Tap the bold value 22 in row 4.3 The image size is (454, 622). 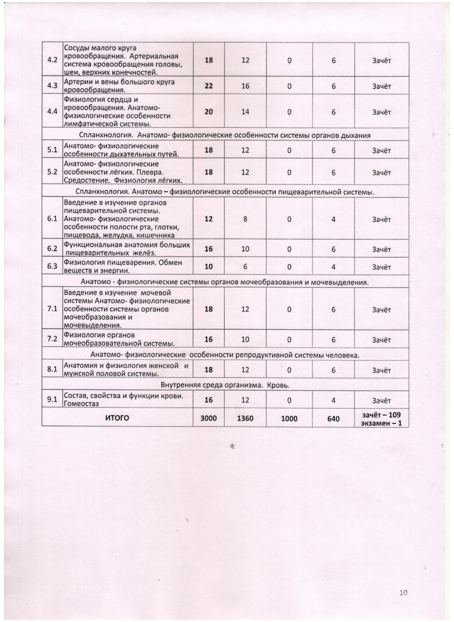[209, 86]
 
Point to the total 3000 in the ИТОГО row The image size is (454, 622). [209, 419]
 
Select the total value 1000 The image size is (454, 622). [289, 419]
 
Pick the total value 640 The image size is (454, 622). [334, 419]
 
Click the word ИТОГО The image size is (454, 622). [118, 418]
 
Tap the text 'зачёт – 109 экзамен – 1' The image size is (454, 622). [382, 418]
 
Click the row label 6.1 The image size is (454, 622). [52, 219]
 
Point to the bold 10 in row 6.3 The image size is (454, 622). [209, 267]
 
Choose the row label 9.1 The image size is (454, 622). [52, 400]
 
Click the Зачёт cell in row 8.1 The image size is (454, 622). [382, 370]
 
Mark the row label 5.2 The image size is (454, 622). [52, 172]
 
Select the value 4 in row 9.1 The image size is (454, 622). [334, 401]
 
